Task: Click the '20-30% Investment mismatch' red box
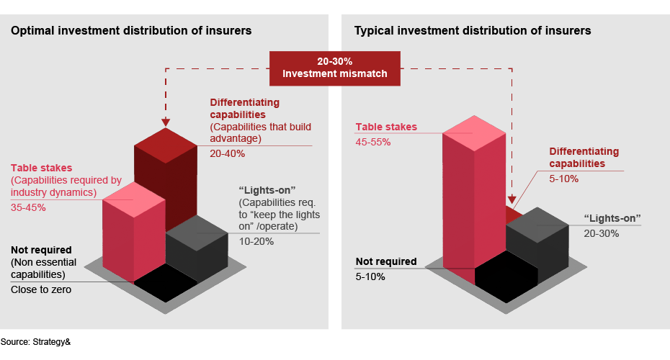[x=334, y=68]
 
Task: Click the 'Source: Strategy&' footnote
[x=35, y=341]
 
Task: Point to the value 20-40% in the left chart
[x=227, y=153]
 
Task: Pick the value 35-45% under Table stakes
[x=28, y=207]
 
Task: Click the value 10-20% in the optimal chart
[x=256, y=241]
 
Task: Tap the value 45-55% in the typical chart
[x=373, y=142]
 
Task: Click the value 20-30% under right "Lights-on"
[x=601, y=233]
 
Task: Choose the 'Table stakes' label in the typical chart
[x=386, y=127]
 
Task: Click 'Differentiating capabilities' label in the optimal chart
[x=245, y=109]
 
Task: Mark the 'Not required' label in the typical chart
[x=386, y=261]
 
